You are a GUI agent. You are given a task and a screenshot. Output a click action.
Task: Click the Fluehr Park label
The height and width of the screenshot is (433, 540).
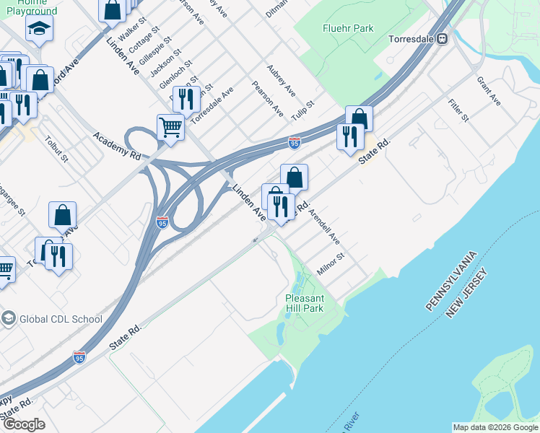click(x=348, y=28)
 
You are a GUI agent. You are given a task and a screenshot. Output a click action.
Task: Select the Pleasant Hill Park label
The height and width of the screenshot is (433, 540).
click(x=305, y=303)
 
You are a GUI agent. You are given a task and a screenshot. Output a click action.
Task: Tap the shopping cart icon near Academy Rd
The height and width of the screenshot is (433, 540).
click(x=171, y=126)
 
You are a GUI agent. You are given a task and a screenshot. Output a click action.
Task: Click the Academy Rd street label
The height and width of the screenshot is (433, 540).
click(x=116, y=144)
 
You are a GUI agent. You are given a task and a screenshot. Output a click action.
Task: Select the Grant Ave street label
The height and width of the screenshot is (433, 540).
click(x=489, y=91)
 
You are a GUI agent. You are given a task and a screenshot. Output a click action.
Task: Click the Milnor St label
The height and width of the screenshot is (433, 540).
click(x=331, y=264)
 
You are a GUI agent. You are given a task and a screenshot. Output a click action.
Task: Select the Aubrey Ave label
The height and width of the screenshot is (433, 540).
click(x=282, y=80)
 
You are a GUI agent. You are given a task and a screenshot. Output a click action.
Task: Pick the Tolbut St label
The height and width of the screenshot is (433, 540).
click(x=56, y=148)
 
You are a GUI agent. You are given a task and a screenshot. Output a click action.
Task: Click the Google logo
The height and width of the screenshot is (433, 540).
click(x=23, y=424)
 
